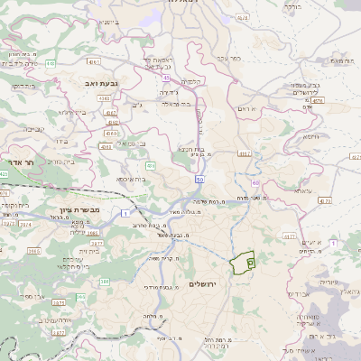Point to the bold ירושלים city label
pyautogui.click(x=207, y=283)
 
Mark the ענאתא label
pyautogui.click(x=301, y=191)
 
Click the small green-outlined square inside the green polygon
pyautogui.click(x=250, y=262)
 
